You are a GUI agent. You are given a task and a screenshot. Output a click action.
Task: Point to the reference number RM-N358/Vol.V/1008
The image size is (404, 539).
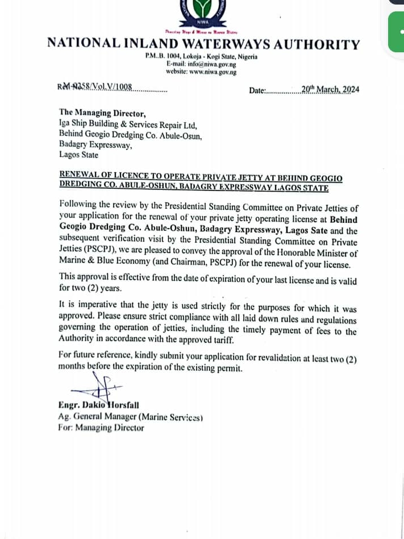[x=95, y=87]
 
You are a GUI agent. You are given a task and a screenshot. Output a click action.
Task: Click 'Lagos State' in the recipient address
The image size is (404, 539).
[x=78, y=155]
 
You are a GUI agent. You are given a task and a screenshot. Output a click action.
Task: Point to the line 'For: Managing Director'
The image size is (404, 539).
[x=101, y=428]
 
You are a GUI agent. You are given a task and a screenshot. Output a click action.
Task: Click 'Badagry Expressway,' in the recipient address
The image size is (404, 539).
[x=95, y=145]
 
